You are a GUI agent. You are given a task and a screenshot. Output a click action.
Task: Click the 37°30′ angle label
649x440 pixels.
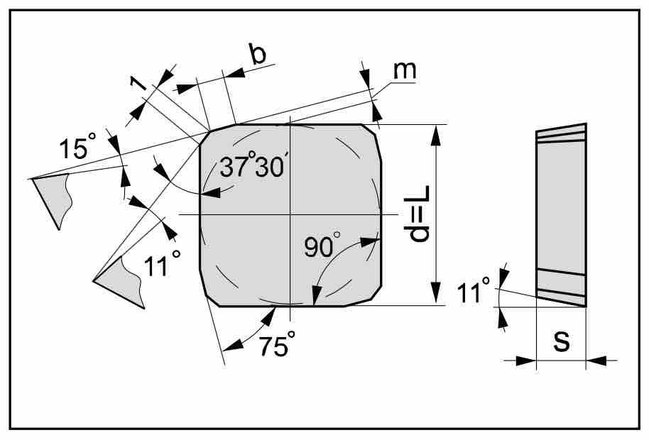click(x=252, y=165)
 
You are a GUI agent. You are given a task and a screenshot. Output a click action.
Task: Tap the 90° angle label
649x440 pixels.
click(x=322, y=246)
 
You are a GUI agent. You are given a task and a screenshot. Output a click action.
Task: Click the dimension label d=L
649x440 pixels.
click(x=418, y=214)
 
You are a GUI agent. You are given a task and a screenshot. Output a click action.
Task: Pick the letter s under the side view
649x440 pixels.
click(x=561, y=341)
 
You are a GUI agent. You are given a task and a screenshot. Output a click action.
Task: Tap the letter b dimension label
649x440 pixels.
click(x=258, y=53)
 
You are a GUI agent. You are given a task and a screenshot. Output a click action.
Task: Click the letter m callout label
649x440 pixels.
click(x=405, y=70)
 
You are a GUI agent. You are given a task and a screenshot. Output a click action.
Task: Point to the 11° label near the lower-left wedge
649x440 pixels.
click(x=162, y=263)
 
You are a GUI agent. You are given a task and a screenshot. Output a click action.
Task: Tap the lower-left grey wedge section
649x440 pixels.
click(x=121, y=282)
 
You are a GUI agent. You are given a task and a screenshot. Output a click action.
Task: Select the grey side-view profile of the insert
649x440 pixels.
click(x=561, y=215)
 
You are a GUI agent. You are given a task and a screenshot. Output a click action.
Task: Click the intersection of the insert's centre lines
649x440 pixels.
click(x=290, y=214)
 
